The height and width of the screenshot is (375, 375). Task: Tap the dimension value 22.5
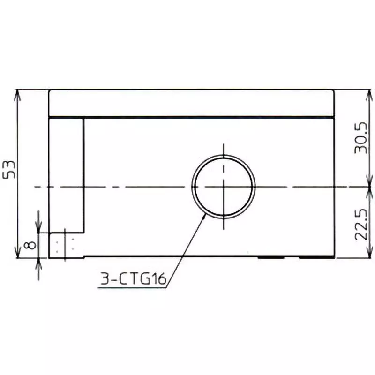tap(361, 225)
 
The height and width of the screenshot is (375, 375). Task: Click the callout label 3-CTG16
tap(133, 280)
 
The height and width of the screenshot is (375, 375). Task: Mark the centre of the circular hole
tap(224, 187)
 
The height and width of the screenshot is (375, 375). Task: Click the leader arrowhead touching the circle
tap(204, 216)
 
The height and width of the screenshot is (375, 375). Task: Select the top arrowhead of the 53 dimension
tap(18, 94)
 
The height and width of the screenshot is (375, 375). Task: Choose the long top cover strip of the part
tap(191, 103)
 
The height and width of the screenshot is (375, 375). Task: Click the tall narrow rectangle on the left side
tap(67, 174)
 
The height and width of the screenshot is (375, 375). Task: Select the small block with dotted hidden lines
tap(66, 245)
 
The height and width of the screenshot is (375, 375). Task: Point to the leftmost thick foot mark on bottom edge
tap(271, 257)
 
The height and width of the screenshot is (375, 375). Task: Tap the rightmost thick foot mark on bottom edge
tap(316, 257)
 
